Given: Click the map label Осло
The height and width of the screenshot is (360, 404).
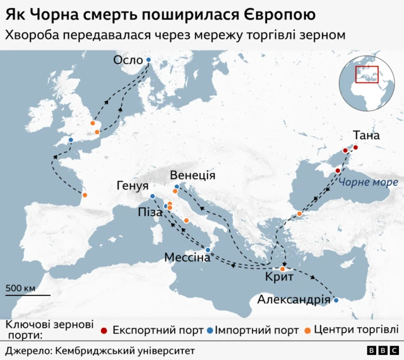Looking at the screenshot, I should pos(128,60).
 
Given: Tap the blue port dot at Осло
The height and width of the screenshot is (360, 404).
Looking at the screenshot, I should pos(149,60).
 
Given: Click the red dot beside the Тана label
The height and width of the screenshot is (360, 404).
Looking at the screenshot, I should pos(355,148).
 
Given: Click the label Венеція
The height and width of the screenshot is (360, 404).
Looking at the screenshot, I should pos(194,176).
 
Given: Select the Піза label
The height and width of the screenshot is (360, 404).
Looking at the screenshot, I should pos(150,213).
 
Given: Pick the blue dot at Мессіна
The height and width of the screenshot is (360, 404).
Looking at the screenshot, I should pos(208,250).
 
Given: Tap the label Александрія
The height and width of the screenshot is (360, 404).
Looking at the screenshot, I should pos(294,300).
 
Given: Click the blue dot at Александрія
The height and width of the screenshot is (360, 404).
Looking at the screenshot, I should pos(336,300).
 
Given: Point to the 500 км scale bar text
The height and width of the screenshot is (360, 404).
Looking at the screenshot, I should pos(21,288).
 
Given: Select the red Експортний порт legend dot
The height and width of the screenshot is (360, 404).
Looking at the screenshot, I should pos(104,330).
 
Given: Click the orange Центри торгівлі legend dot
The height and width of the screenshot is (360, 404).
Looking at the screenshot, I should pos(307,330).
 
